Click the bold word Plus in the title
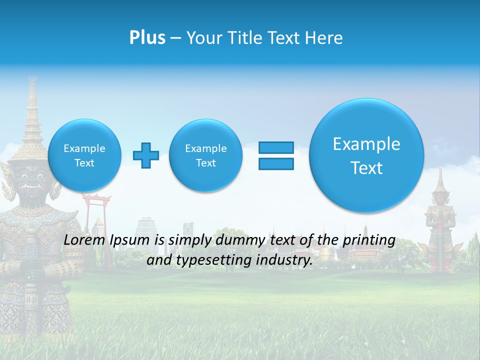pos(147,38)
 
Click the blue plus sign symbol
pos(146,155)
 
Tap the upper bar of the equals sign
pos(276,147)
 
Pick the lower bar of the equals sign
pos(276,163)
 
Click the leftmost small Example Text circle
pos(84,155)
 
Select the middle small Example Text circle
pos(205,155)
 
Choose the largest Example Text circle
pos(366,155)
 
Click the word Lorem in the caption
pos(85,240)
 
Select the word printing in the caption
pos(370,240)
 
